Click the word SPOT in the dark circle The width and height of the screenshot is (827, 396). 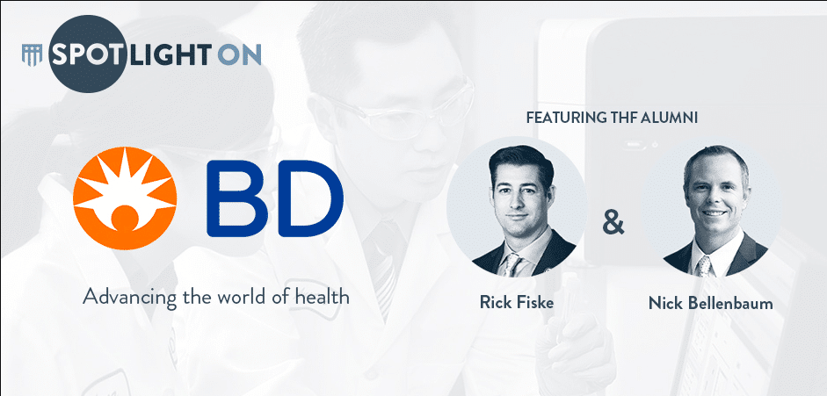coord(88,54)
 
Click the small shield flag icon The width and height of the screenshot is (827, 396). coord(33,54)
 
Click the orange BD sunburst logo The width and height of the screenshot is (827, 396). coord(125,198)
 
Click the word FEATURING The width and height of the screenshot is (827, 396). coord(565,118)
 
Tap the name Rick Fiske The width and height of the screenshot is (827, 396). coord(517,302)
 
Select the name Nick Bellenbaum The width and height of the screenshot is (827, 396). coord(710,303)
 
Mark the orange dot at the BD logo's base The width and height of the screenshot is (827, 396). coord(125,218)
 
